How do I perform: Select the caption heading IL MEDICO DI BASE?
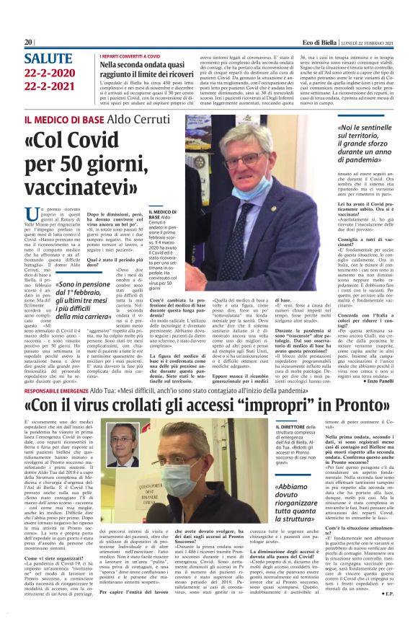pyautogui.click(x=160, y=213)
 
